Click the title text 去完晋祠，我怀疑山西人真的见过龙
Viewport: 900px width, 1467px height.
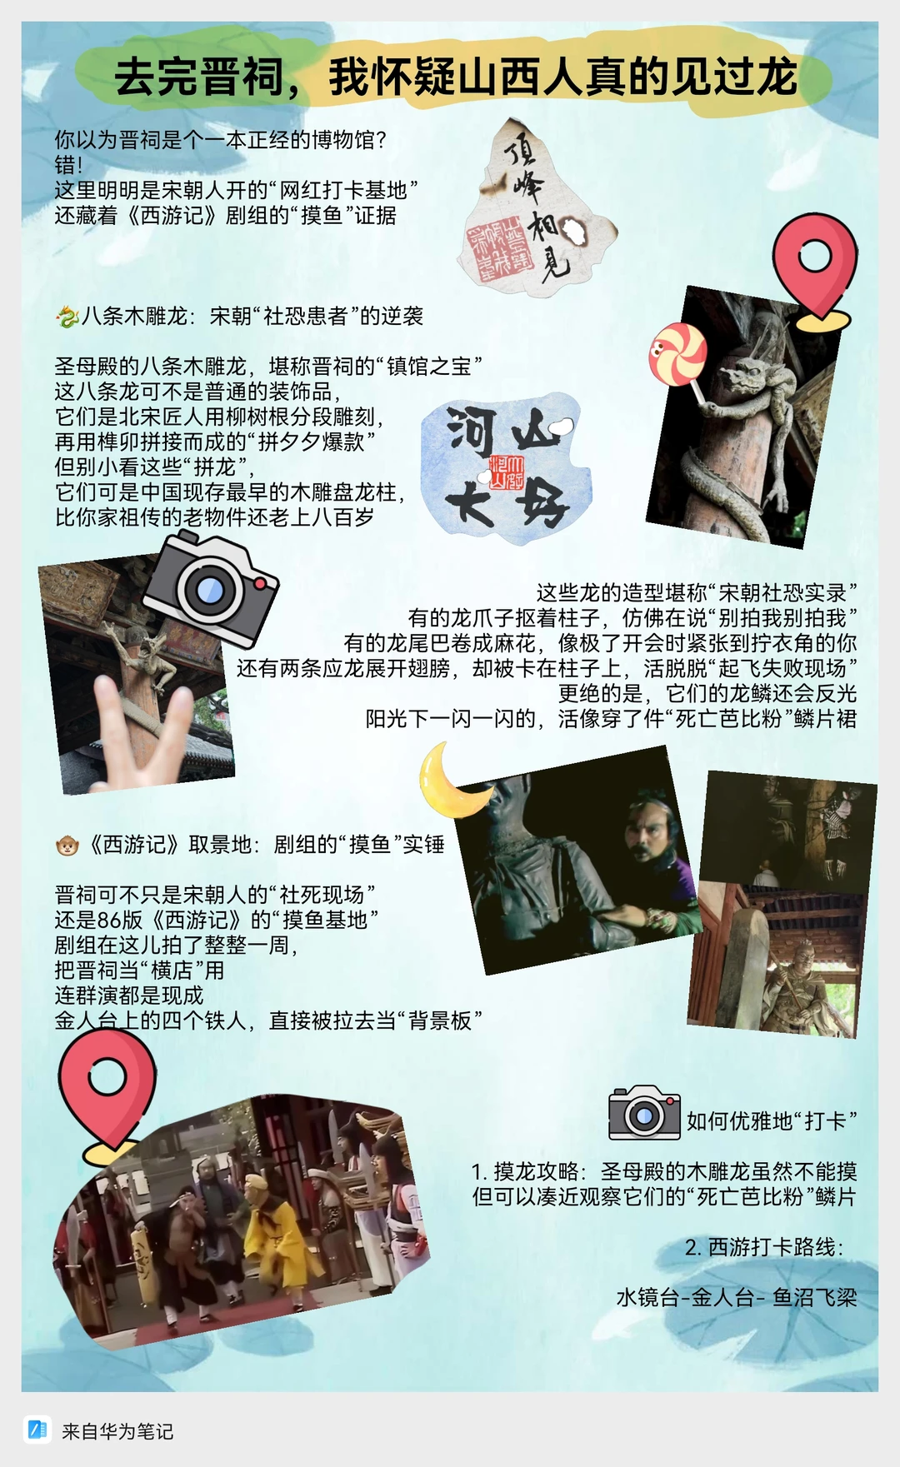click(x=456, y=77)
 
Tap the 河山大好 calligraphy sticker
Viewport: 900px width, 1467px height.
click(x=506, y=467)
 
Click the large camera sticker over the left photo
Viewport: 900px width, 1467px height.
click(x=209, y=589)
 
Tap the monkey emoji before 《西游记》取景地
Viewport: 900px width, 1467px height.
click(x=67, y=846)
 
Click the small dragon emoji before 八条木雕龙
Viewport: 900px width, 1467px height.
click(x=67, y=317)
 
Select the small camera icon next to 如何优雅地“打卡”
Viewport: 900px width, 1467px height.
click(x=644, y=1113)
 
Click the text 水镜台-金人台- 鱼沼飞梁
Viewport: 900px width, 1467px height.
click(x=737, y=1298)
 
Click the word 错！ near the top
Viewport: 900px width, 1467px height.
click(x=69, y=165)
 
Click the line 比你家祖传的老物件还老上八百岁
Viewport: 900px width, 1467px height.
click(x=214, y=517)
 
